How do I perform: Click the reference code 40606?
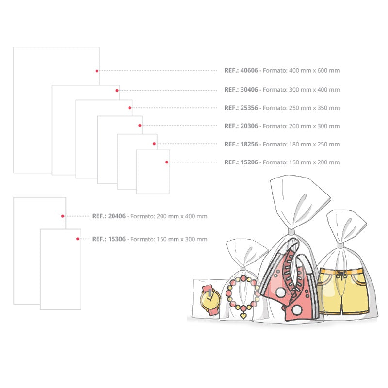coord(249,70)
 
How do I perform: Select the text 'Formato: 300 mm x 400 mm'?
coord(301,90)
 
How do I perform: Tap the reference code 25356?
coord(249,108)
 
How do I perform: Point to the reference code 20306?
coord(249,126)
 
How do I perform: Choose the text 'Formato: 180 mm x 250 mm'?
coord(301,144)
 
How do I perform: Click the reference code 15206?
coord(249,162)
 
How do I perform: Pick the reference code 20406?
coord(117,216)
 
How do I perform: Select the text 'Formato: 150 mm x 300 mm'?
coord(169,239)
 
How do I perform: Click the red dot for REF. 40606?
coord(97,71)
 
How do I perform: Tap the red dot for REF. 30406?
coord(117,91)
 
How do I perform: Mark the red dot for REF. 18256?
coord(154,144)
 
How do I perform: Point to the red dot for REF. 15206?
coord(167,162)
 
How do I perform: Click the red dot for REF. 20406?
coord(63,216)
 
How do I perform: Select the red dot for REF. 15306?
coord(78,239)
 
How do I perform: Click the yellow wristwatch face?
coord(210,300)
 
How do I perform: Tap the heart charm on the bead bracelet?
coord(243,316)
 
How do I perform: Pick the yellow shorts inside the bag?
coord(343,291)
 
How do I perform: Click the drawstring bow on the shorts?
coord(341,275)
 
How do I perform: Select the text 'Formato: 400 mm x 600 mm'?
coord(301,70)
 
